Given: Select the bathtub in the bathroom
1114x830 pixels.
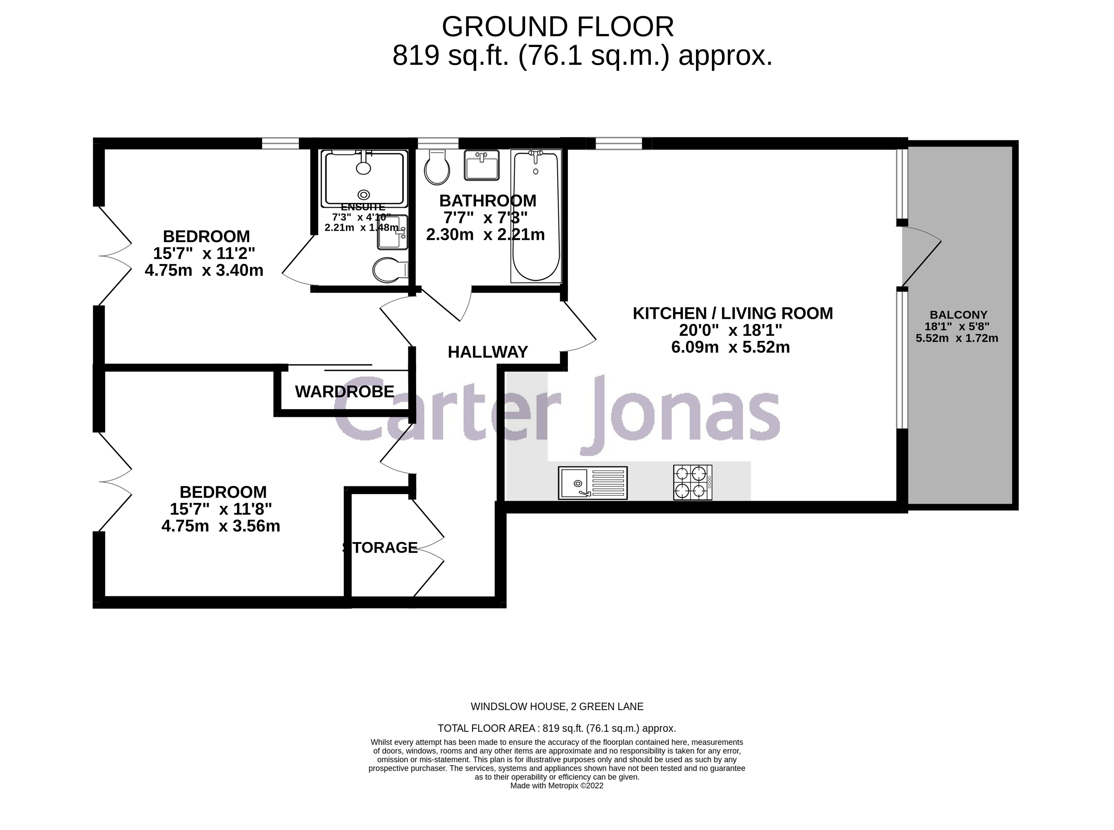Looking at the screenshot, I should (536, 216).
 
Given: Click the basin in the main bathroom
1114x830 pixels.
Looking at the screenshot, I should (481, 165).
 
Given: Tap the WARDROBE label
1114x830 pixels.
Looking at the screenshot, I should (344, 391).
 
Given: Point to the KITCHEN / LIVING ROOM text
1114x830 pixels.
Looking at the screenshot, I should (732, 313).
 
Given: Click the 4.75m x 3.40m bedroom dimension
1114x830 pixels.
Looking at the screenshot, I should (204, 270).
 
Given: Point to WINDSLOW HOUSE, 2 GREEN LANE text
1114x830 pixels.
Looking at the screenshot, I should (557, 706).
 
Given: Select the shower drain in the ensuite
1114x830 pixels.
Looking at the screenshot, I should (363, 194).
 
